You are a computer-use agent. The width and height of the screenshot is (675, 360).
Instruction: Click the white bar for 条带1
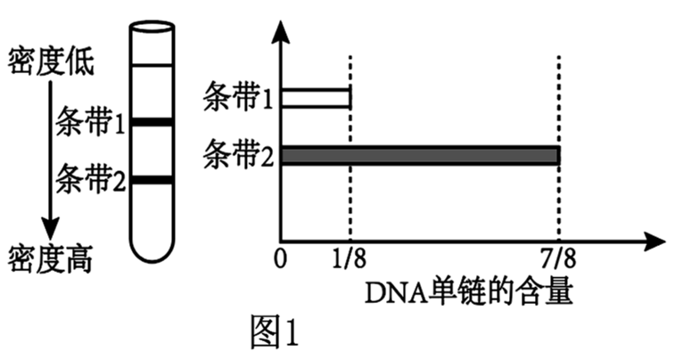[x=316, y=98]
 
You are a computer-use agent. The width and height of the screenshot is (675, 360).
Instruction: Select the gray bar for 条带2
[x=420, y=155]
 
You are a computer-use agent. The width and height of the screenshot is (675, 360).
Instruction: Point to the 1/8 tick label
[x=348, y=260]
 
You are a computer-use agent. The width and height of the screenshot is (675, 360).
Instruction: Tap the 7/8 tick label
[x=559, y=260]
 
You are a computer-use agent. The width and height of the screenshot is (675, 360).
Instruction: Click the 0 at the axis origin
[x=281, y=260]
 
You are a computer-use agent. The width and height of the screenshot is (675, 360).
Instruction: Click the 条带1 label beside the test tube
[x=89, y=120]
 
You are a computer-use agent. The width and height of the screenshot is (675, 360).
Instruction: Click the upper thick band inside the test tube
[x=151, y=121]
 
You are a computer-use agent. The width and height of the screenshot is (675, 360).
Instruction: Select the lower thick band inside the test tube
[x=151, y=181]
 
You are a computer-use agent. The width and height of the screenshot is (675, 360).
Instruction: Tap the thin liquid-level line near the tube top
[x=151, y=64]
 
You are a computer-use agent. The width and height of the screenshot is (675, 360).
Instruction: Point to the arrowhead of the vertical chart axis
[x=281, y=34]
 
